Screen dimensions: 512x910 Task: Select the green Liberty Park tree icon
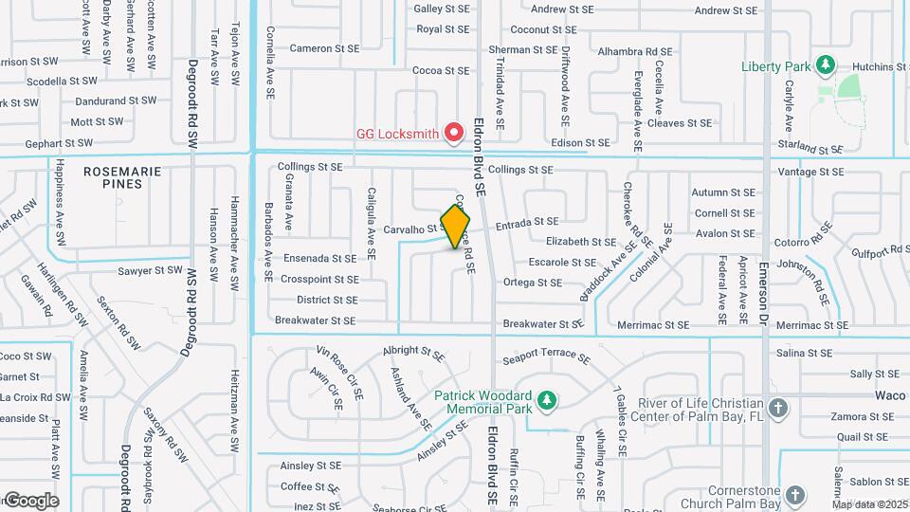coord(826,64)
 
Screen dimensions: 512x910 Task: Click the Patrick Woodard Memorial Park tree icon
coord(546,402)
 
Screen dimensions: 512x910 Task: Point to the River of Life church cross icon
coord(778,410)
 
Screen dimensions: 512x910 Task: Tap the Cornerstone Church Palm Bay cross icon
coord(794,496)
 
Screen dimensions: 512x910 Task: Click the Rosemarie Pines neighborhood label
coord(123,177)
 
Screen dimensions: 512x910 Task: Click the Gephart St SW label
coord(59,143)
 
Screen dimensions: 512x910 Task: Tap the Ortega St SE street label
coord(533,283)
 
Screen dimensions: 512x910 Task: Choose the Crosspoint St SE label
coord(320,280)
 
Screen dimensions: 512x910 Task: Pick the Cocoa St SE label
coord(441,70)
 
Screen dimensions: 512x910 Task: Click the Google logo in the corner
coord(30,501)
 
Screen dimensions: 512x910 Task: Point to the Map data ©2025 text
coord(869,504)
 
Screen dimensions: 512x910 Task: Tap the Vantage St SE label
coord(810,172)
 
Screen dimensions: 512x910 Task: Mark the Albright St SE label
coord(413,354)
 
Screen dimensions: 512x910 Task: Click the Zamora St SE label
coord(864,416)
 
